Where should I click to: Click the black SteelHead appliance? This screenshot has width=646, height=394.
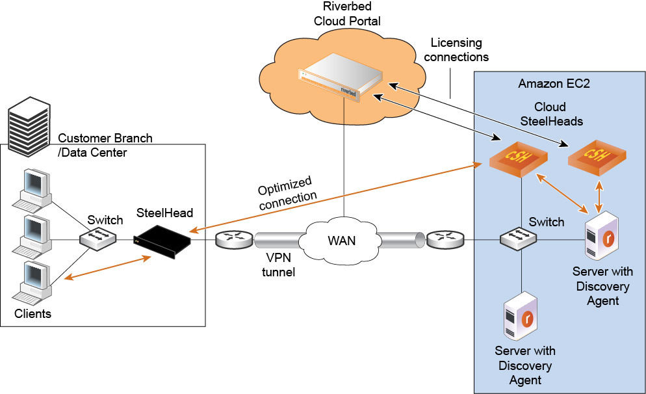tap(162, 241)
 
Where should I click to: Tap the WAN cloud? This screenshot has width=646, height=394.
tap(342, 241)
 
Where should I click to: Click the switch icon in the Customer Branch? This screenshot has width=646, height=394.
tap(99, 238)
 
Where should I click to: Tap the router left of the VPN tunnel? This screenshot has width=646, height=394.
tap(235, 240)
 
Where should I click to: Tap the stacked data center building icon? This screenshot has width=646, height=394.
tap(29, 127)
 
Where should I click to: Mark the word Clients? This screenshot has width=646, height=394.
tap(32, 314)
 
